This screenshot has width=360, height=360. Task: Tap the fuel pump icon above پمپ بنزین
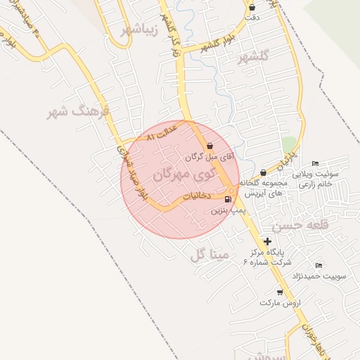pyautogui.click(x=227, y=200)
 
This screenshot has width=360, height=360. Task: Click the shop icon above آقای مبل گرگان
pyautogui.click(x=210, y=146)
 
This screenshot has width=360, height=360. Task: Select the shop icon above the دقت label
pyautogui.click(x=252, y=7)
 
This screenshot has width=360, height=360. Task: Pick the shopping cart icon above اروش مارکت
pyautogui.click(x=280, y=292)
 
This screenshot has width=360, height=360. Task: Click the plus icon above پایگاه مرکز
pyautogui.click(x=267, y=241)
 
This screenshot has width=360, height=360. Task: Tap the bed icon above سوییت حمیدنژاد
pyautogui.click(x=319, y=266)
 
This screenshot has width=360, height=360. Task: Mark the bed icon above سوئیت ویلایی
pyautogui.click(x=315, y=163)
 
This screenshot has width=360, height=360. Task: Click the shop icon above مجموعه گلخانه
pyautogui.click(x=263, y=172)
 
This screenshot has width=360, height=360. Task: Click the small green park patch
pyautogui.click(x=288, y=145)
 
